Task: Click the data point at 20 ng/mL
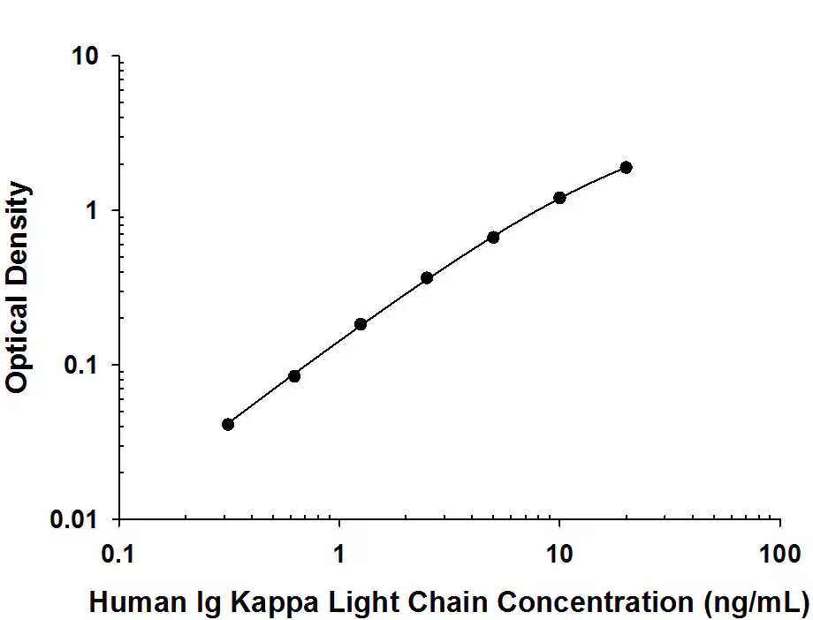[x=626, y=168]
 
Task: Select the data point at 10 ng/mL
[x=559, y=198]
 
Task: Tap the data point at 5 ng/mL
[x=493, y=238]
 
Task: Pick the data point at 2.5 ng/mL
[x=427, y=277]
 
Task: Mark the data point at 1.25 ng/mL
[x=361, y=324]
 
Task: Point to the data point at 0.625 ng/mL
[x=294, y=376]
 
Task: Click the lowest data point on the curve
[x=228, y=425]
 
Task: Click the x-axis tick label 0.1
[x=119, y=555]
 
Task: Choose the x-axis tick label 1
[x=339, y=555]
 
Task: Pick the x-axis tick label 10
[x=558, y=555]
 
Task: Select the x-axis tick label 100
[x=779, y=555]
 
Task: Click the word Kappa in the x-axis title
[x=277, y=603]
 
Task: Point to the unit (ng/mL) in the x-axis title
[x=756, y=603]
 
